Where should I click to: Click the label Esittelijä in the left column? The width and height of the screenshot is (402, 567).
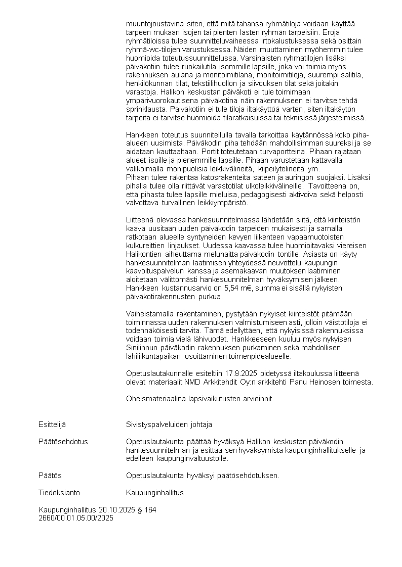pyautogui.click(x=52, y=424)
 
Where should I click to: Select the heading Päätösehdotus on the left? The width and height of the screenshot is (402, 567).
pyautogui.click(x=63, y=442)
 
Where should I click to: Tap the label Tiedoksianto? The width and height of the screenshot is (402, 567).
pyautogui.click(x=59, y=493)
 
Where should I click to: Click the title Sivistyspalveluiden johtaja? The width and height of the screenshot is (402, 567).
pyautogui.click(x=169, y=424)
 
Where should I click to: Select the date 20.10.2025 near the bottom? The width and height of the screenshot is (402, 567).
pyautogui.click(x=116, y=510)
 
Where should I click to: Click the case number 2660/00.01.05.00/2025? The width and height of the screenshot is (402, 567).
pyautogui.click(x=76, y=518)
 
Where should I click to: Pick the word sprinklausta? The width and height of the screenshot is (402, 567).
pyautogui.click(x=146, y=109)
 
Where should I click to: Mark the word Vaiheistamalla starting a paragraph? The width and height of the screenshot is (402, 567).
pyautogui.click(x=150, y=314)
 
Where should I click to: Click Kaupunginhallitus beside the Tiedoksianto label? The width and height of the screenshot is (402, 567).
pyautogui.click(x=155, y=493)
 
